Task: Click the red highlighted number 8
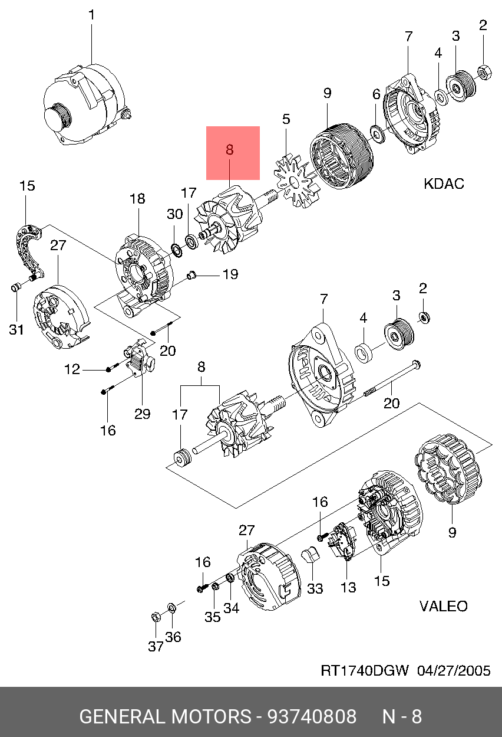[x=230, y=150]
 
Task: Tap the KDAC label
[x=444, y=184]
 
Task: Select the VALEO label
[x=444, y=606]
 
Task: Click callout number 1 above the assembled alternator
[x=92, y=15]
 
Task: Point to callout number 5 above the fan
[x=286, y=119]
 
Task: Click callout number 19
[x=230, y=274]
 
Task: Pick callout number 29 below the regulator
[x=142, y=414]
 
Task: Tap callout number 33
[x=315, y=589]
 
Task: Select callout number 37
[x=156, y=647]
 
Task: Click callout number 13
[x=348, y=587]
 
